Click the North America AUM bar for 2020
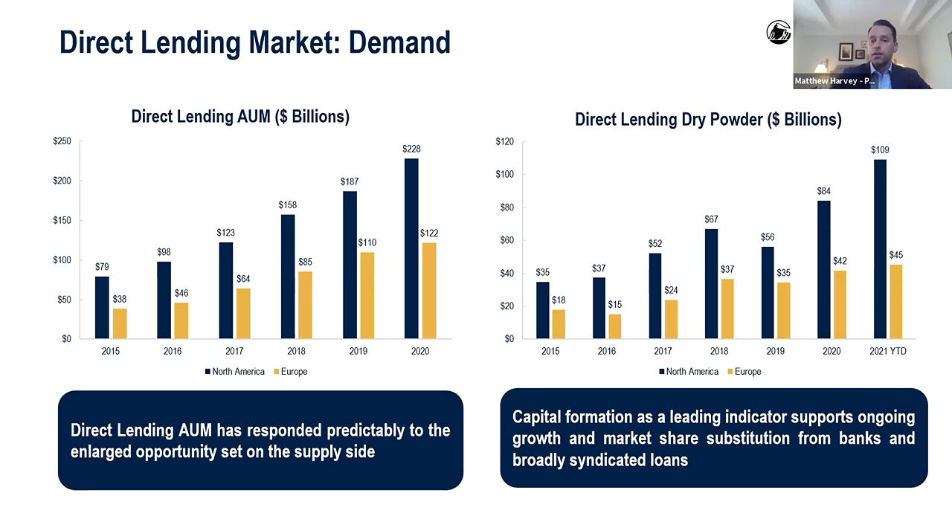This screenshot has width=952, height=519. (411, 248)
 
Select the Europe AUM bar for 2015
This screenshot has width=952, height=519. (120, 323)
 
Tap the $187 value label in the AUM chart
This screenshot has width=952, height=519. (350, 181)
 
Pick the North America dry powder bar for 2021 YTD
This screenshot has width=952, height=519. (880, 249)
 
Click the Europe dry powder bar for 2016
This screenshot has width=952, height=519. (614, 326)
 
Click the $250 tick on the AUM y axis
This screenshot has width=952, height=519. (62, 141)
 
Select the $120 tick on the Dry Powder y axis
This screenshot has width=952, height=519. (504, 141)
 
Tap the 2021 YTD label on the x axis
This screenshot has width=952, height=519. (887, 352)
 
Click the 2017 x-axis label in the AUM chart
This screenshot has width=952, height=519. (234, 352)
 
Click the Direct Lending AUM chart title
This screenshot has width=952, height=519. (240, 117)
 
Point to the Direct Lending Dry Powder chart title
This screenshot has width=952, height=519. (708, 120)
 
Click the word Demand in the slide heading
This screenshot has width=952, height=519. (399, 42)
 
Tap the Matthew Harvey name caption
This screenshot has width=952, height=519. (834, 81)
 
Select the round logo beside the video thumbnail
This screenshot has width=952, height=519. (778, 32)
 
